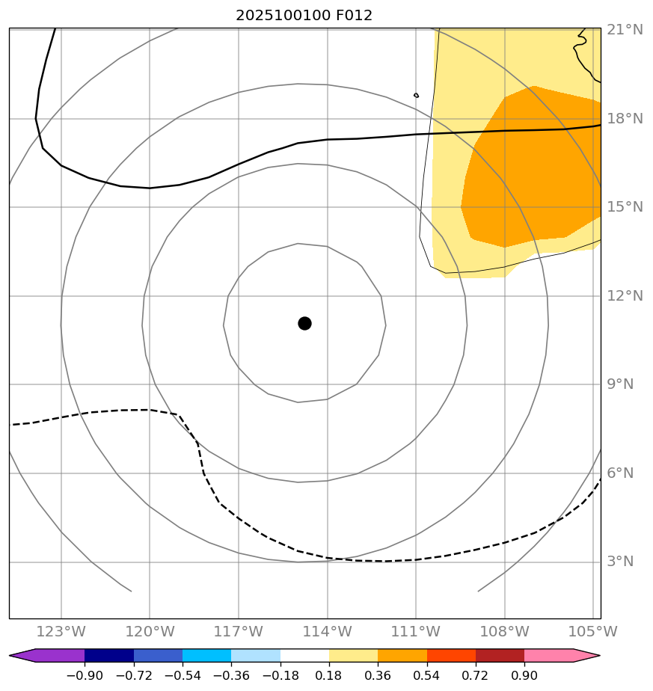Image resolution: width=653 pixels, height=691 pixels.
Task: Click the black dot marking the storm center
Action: (x=304, y=323)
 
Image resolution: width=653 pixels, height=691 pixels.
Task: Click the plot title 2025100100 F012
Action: (x=304, y=15)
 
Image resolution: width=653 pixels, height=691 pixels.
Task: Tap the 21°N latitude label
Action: (x=625, y=30)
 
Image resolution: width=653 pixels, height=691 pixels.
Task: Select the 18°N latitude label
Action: (x=625, y=119)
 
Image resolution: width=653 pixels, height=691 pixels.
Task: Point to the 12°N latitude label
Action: (x=625, y=296)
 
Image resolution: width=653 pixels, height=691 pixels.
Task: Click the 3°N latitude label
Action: (x=620, y=562)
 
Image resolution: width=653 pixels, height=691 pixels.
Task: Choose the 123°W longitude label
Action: (x=61, y=632)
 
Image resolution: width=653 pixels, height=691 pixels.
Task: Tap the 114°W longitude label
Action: (x=327, y=632)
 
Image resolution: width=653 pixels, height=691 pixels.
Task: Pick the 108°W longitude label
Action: (x=504, y=632)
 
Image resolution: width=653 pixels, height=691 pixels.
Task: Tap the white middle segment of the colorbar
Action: (x=304, y=656)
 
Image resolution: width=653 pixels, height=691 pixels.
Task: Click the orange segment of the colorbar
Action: (x=402, y=656)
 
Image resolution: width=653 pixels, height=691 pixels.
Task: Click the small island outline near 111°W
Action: (x=416, y=95)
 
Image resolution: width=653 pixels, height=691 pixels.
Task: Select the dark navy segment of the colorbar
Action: (x=109, y=656)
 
